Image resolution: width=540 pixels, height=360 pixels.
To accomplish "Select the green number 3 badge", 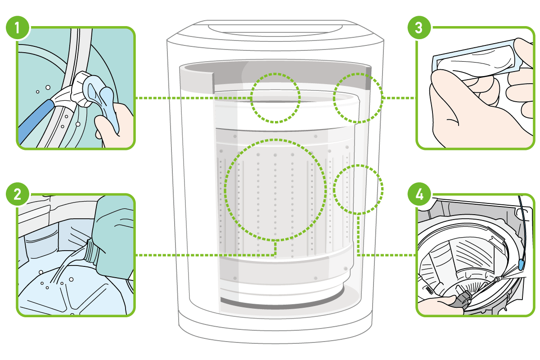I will [x=418, y=28].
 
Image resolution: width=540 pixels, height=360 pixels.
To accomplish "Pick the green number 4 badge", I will [x=418, y=195].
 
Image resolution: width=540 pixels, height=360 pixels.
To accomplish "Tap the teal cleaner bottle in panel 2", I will [x=115, y=234].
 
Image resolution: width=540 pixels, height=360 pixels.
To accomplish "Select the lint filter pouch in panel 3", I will [x=472, y=58].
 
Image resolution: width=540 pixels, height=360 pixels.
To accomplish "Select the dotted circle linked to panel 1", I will [x=275, y=97].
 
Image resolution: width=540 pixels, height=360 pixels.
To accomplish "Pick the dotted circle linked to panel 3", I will [x=358, y=97].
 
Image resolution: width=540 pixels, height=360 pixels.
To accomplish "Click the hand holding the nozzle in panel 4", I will [x=439, y=306].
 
